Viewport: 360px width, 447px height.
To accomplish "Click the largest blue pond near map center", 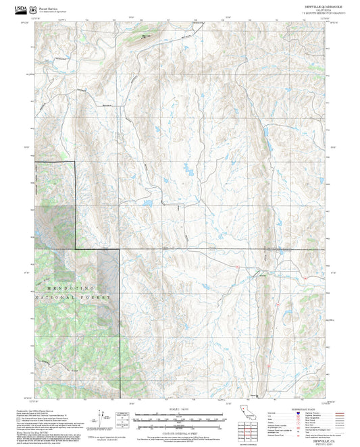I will (190, 174).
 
